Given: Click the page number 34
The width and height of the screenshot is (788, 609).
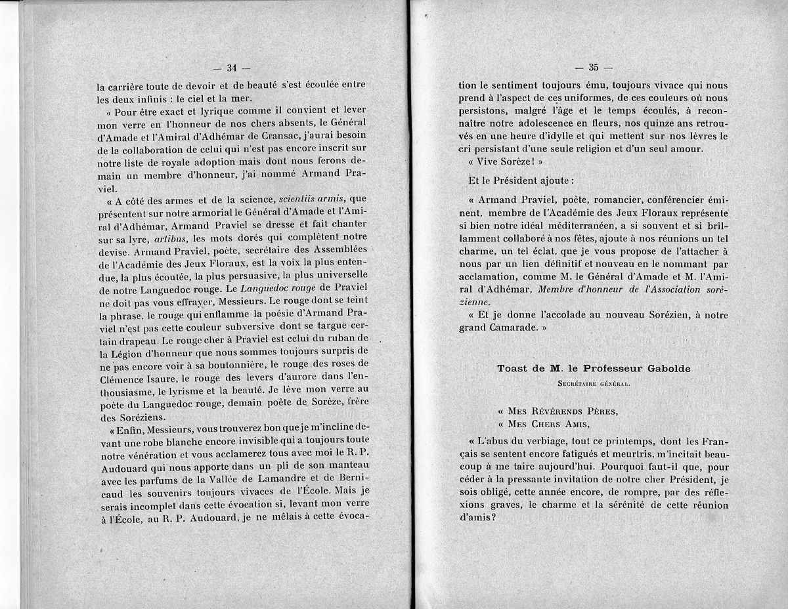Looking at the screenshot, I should click(x=231, y=68).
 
